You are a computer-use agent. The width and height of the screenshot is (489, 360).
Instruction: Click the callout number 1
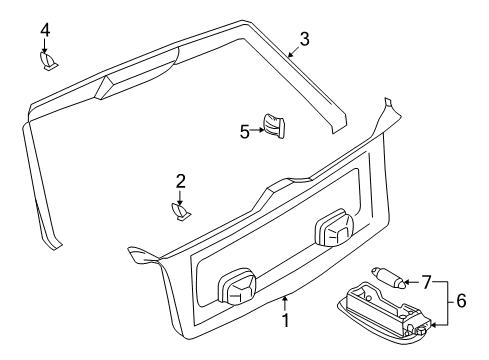[x=285, y=321]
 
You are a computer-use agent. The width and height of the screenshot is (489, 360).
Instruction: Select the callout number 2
[x=180, y=181]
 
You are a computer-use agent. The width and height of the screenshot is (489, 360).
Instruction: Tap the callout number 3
[x=304, y=39]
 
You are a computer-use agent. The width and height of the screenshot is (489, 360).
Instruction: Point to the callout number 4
[x=45, y=29]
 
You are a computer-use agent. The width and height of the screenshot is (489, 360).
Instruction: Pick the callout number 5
[x=245, y=132]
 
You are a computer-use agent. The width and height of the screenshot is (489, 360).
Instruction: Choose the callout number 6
[x=461, y=301]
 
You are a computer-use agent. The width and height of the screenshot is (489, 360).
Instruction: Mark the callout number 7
[x=426, y=282]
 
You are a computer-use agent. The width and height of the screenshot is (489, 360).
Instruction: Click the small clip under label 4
[x=49, y=61]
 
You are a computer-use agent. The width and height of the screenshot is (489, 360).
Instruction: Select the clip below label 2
[x=181, y=212]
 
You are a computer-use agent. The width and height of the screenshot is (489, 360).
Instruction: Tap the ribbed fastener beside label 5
[x=274, y=126]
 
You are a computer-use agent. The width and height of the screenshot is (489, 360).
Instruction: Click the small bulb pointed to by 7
[x=389, y=277]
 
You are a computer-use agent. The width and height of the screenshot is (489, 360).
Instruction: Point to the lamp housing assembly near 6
[x=383, y=311]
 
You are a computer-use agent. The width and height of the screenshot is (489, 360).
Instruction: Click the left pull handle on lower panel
[x=237, y=287]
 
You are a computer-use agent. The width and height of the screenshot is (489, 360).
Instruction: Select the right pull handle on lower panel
[x=334, y=228]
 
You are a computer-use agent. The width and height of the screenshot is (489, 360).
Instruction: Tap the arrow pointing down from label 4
[x=45, y=46]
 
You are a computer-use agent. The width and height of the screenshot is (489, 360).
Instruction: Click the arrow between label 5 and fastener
[x=257, y=130]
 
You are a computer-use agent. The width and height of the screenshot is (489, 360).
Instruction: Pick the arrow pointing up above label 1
[x=285, y=304]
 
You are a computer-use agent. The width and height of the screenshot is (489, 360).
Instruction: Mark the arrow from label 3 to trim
[x=294, y=52]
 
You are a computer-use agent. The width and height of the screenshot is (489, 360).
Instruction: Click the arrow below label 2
[x=180, y=198]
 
